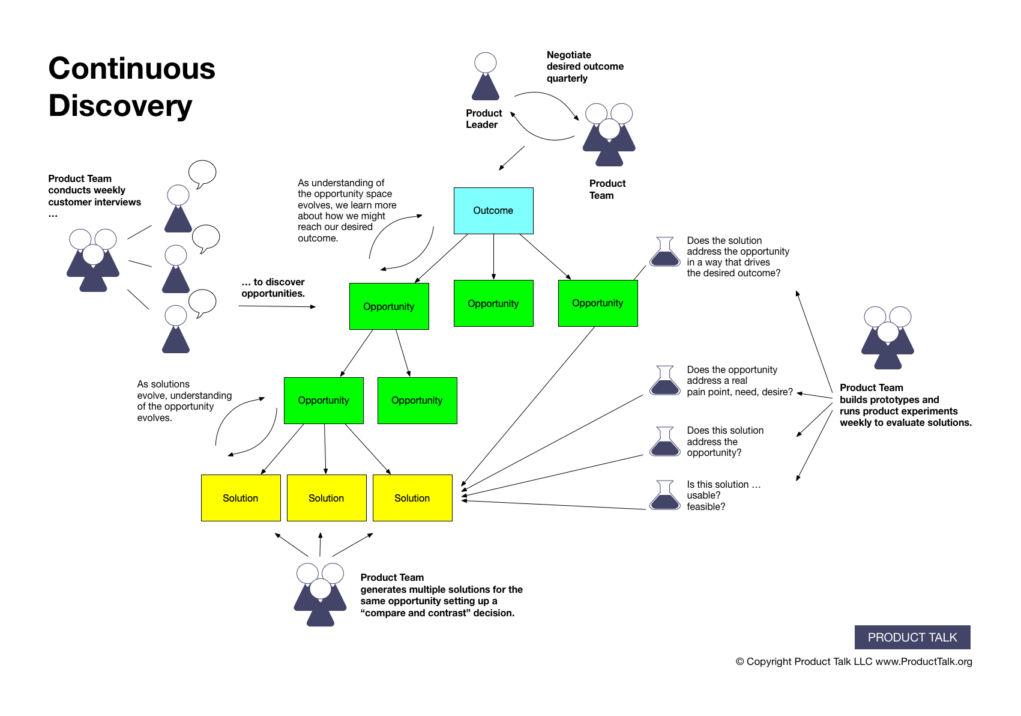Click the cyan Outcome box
point(493,211)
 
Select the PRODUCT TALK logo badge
point(912,637)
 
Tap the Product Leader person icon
point(485,77)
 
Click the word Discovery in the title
point(120,106)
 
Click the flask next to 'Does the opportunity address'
point(664,380)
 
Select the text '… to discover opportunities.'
point(273,288)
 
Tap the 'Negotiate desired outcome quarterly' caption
point(584,67)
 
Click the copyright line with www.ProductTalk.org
point(853,661)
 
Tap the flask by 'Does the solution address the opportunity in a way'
point(664,252)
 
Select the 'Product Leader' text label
point(483,119)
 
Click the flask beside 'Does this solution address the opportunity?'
point(664,441)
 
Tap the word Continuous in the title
point(131,68)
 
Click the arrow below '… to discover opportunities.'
point(277,306)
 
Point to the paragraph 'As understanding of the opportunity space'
point(346,210)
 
